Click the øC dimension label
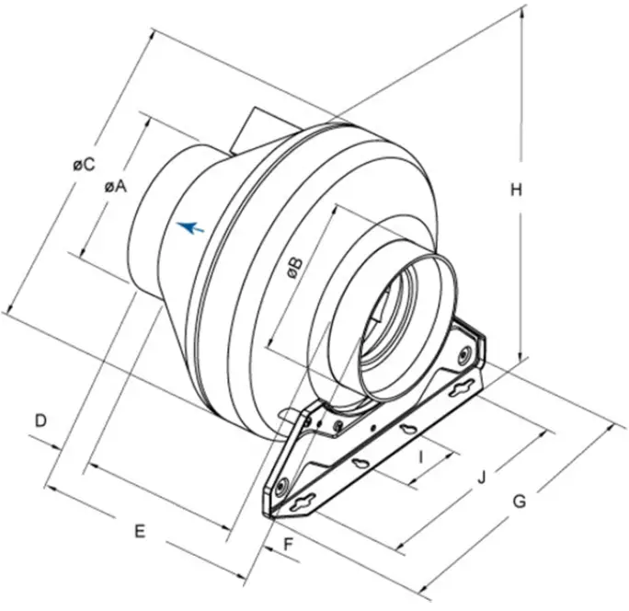tap(84, 165)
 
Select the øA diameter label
tap(115, 185)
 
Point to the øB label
tap(293, 267)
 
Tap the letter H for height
tap(517, 190)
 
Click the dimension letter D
tap(40, 421)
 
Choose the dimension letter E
tap(140, 531)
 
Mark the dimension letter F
tap(287, 545)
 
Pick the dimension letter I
tap(420, 456)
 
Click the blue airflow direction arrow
tap(189, 226)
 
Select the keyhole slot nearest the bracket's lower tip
tap(301, 503)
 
